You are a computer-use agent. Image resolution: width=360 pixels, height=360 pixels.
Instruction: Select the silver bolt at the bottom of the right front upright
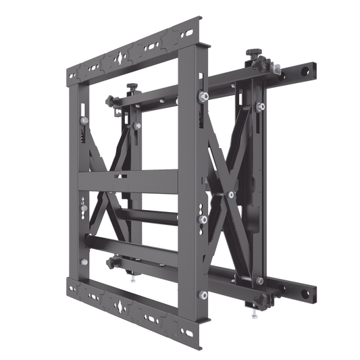click(203, 294)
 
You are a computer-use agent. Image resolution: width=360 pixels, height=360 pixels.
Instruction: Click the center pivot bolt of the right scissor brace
click(232, 195)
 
